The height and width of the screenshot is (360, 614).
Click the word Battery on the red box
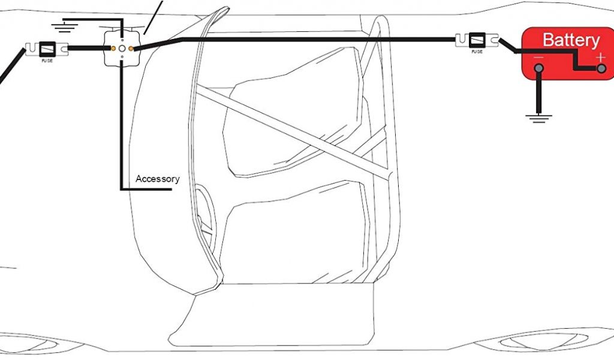570,40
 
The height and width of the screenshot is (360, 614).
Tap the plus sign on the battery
600,58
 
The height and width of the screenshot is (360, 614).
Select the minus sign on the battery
538,58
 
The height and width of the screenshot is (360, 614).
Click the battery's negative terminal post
539,69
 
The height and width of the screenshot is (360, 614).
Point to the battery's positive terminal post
600,70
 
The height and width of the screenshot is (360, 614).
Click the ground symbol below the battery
539,118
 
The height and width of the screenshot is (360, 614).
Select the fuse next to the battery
477,40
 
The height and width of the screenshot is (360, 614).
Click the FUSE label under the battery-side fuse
477,52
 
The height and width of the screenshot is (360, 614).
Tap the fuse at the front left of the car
46,48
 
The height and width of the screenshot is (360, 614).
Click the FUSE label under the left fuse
46,60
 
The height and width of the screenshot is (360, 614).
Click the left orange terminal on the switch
113,47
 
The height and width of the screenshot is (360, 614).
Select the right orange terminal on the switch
131,47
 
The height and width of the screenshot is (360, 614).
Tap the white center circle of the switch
122,47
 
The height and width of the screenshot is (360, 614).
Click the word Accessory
157,179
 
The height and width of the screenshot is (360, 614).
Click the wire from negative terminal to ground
539,93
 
